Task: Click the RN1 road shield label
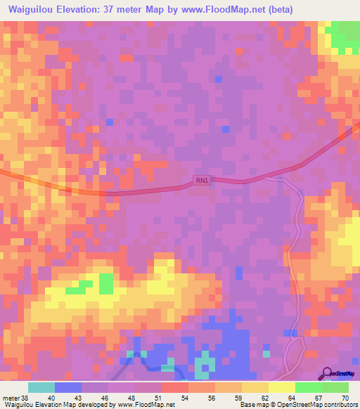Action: [x=202, y=181]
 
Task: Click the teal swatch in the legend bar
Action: [x=41, y=387]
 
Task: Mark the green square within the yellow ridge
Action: [x=105, y=283]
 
